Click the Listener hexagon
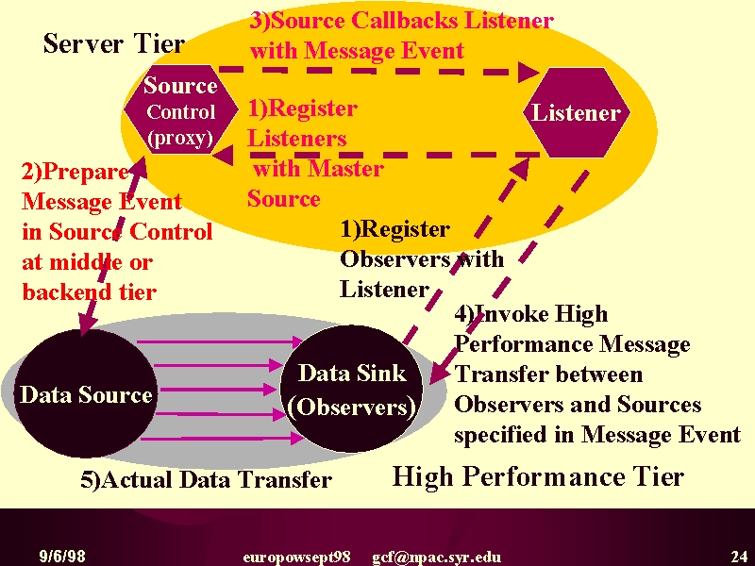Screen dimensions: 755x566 577,112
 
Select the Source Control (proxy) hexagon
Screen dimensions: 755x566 181,109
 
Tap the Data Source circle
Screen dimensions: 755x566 85,393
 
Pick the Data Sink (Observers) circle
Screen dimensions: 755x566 352,389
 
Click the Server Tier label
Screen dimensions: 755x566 114,43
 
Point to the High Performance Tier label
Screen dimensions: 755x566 538,477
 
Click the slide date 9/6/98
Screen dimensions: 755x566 62,557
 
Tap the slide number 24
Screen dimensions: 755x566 739,557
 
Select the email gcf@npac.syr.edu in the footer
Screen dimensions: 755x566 436,558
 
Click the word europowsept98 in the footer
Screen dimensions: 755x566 296,558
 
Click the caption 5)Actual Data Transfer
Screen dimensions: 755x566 206,479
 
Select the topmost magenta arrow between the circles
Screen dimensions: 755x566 220,342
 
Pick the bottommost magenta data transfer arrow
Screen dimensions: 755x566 223,439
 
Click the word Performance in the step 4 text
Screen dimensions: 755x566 524,344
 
